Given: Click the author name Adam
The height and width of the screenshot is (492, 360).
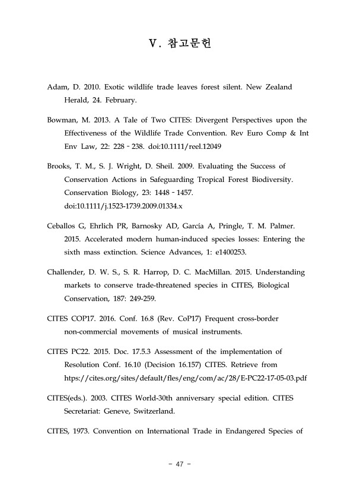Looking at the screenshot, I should click(57, 87).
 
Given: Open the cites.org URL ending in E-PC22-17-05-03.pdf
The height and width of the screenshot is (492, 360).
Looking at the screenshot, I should click(189, 378).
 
